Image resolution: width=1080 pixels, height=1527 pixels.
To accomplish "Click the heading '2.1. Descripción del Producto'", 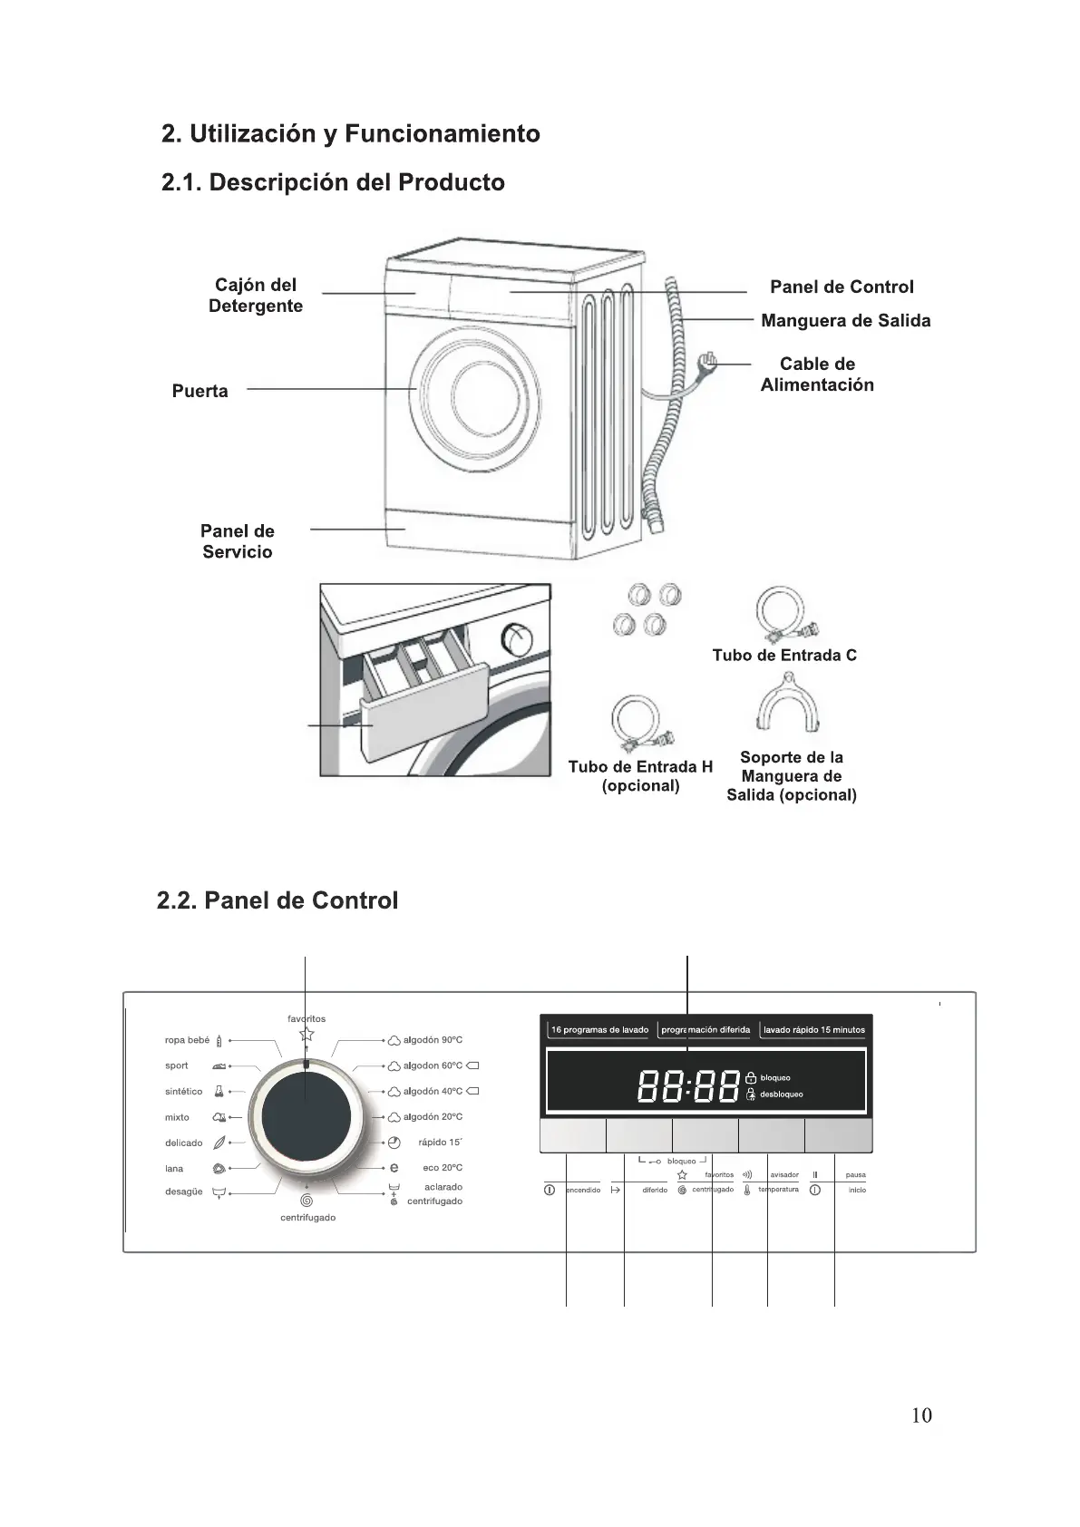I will click(333, 182).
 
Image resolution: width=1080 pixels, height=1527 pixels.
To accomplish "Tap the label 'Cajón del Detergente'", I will click(256, 296).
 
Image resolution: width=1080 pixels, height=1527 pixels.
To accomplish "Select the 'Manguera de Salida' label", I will click(845, 321).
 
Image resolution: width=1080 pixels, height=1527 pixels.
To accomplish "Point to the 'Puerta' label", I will click(200, 392).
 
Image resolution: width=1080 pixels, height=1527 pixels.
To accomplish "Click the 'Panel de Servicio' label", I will click(238, 541).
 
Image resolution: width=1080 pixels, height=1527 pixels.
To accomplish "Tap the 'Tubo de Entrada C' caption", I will click(784, 656).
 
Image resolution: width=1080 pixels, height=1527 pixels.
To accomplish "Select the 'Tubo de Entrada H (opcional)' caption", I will click(640, 776).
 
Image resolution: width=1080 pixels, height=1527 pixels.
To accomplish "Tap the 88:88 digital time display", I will click(689, 1085).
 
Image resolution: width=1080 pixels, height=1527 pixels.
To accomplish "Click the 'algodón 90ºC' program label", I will click(433, 1040).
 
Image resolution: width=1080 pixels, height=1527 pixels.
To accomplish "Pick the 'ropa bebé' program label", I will click(188, 1040).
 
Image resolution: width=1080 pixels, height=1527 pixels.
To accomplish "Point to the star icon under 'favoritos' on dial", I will click(306, 1035).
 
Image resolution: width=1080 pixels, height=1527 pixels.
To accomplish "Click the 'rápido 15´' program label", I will click(440, 1143).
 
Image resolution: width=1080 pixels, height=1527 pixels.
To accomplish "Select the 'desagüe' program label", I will click(184, 1191).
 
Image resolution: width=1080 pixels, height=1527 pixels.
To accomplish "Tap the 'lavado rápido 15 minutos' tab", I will click(814, 1030).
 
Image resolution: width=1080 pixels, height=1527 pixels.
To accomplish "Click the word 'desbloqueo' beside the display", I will click(781, 1094).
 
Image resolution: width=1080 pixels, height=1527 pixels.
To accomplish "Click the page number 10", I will click(921, 1415).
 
